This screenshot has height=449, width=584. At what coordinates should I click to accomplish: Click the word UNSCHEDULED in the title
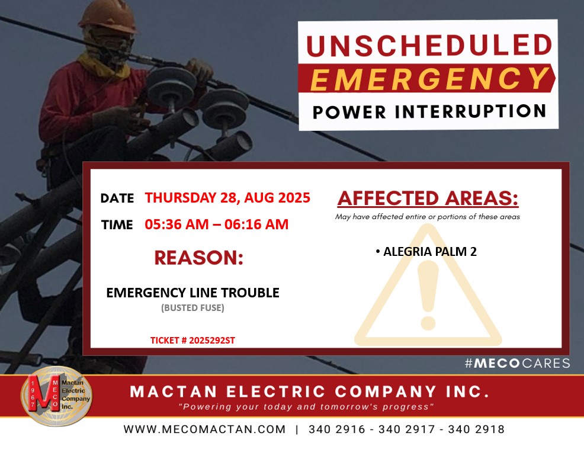pyautogui.click(x=429, y=46)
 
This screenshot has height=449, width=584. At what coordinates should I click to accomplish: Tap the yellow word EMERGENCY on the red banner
pyautogui.click(x=429, y=79)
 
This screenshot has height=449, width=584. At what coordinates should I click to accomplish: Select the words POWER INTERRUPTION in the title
pyautogui.click(x=429, y=112)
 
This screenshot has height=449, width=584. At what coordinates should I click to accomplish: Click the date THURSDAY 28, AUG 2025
pyautogui.click(x=227, y=197)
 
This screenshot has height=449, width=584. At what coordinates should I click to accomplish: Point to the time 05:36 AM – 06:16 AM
pyautogui.click(x=216, y=224)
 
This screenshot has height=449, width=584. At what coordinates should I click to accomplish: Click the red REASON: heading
pyautogui.click(x=199, y=258)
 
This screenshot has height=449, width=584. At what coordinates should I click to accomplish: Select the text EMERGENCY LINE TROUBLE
pyautogui.click(x=192, y=293)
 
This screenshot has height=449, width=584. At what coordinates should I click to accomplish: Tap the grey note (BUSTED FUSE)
pyautogui.click(x=192, y=308)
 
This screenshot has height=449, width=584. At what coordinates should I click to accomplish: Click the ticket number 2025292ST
pyautogui.click(x=212, y=340)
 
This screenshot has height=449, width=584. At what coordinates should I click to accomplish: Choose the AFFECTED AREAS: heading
pyautogui.click(x=428, y=198)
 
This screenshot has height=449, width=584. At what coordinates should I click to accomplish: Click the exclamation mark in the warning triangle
pyautogui.click(x=428, y=295)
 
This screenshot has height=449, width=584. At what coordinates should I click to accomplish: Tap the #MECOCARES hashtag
pyautogui.click(x=517, y=363)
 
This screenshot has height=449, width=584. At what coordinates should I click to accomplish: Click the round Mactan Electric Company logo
pyautogui.click(x=56, y=396)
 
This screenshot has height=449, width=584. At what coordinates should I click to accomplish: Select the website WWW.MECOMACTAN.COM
pyautogui.click(x=204, y=429)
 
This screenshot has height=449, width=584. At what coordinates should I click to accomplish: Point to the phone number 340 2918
pyautogui.click(x=476, y=429)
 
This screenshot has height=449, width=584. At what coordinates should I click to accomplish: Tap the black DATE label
pyautogui.click(x=117, y=198)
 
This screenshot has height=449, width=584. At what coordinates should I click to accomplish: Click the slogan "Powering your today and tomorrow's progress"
pyautogui.click(x=307, y=406)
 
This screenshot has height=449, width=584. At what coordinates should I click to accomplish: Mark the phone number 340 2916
pyautogui.click(x=336, y=429)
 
